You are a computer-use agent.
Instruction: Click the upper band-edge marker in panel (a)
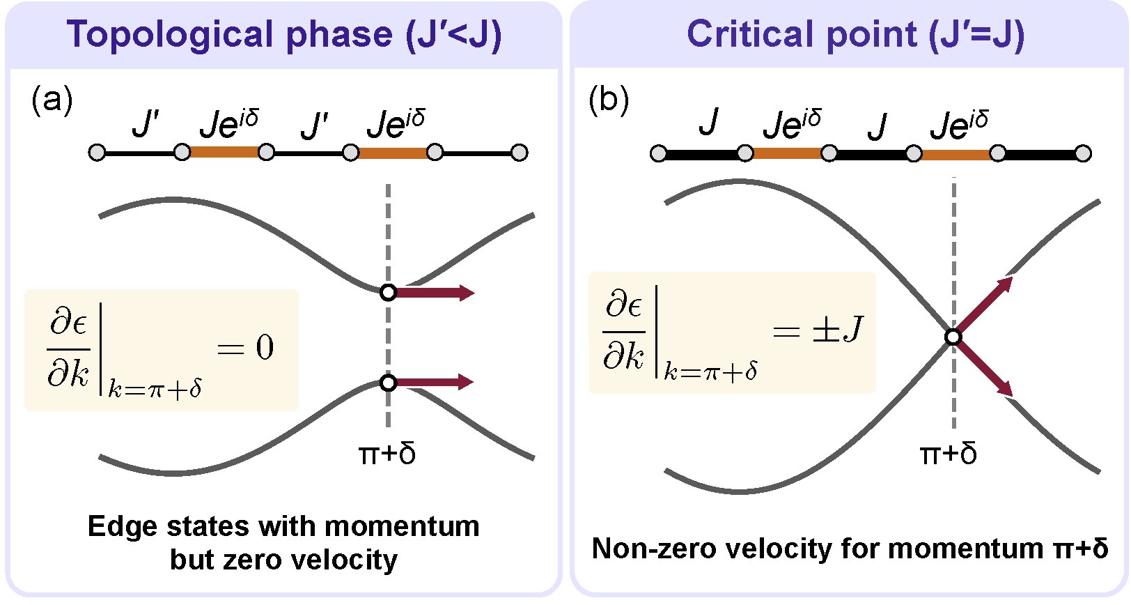pos(388,293)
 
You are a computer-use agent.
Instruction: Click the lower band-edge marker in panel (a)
pos(388,383)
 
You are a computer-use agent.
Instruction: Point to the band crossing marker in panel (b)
pos(953,337)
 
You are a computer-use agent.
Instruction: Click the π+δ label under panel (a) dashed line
pos(387,454)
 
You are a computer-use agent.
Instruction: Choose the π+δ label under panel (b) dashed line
pos(948,454)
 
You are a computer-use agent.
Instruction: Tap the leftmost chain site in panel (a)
pos(97,153)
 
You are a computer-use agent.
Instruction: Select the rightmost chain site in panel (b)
pos(1082,154)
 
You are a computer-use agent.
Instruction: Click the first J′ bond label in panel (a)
pos(146,125)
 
